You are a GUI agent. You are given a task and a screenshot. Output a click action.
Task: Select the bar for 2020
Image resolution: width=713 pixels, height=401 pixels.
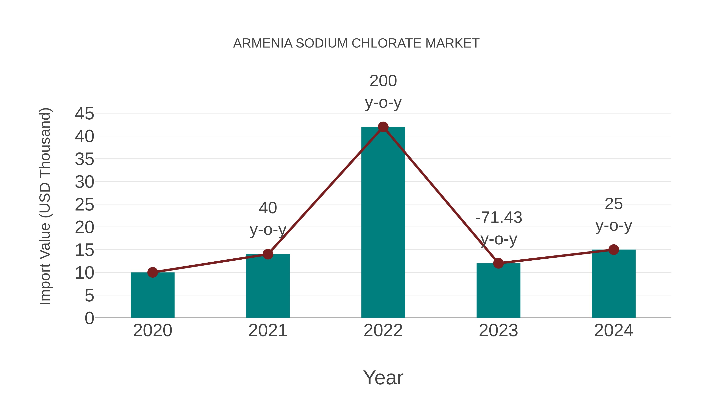tap(153, 296)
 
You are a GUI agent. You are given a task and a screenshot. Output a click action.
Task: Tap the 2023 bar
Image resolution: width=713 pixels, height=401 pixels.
tap(498, 292)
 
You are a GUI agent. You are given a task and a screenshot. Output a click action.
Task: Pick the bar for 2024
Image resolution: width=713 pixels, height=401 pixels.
tap(614, 285)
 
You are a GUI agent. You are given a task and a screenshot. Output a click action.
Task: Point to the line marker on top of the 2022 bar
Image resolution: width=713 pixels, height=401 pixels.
tap(383, 127)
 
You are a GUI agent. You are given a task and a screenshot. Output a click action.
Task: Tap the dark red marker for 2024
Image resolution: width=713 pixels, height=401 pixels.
tap(614, 250)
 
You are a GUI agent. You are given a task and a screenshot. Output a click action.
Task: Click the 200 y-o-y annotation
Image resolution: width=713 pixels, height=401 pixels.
tap(383, 91)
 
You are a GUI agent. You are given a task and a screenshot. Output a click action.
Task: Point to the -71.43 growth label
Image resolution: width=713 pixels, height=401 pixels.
tap(499, 217)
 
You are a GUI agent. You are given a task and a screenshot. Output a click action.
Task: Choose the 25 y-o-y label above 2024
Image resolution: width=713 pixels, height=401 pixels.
tap(614, 214)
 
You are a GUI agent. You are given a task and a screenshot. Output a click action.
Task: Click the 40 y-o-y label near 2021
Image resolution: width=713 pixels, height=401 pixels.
tap(268, 219)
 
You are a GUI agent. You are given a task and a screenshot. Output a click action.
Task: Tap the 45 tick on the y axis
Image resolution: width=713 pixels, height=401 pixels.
tap(84, 113)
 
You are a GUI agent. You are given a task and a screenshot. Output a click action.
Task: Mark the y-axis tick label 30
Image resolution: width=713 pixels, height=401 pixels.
tap(84, 182)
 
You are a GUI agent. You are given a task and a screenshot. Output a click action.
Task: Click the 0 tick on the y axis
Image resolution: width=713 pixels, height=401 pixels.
tap(89, 318)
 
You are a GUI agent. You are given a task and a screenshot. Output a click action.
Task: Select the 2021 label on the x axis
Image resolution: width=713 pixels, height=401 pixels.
tap(268, 331)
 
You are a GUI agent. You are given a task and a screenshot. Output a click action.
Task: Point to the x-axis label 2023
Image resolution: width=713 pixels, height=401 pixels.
tap(498, 331)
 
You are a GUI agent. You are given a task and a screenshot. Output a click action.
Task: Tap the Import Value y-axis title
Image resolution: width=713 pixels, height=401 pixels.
tap(45, 206)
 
